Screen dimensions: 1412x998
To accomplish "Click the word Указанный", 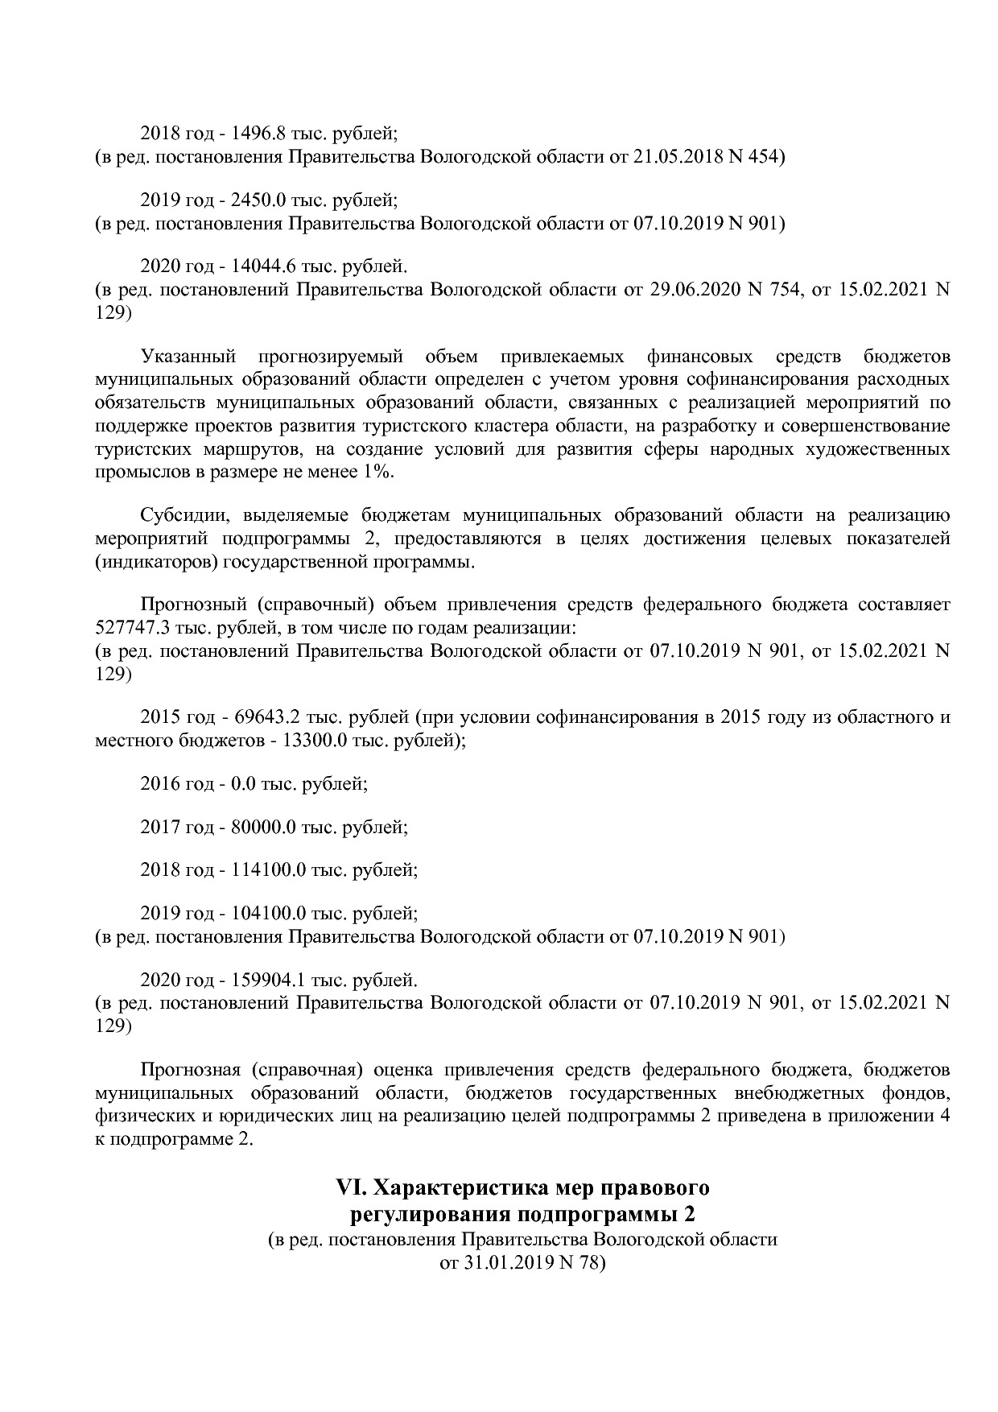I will (188, 356).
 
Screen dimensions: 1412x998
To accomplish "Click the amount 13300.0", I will (315, 740).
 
